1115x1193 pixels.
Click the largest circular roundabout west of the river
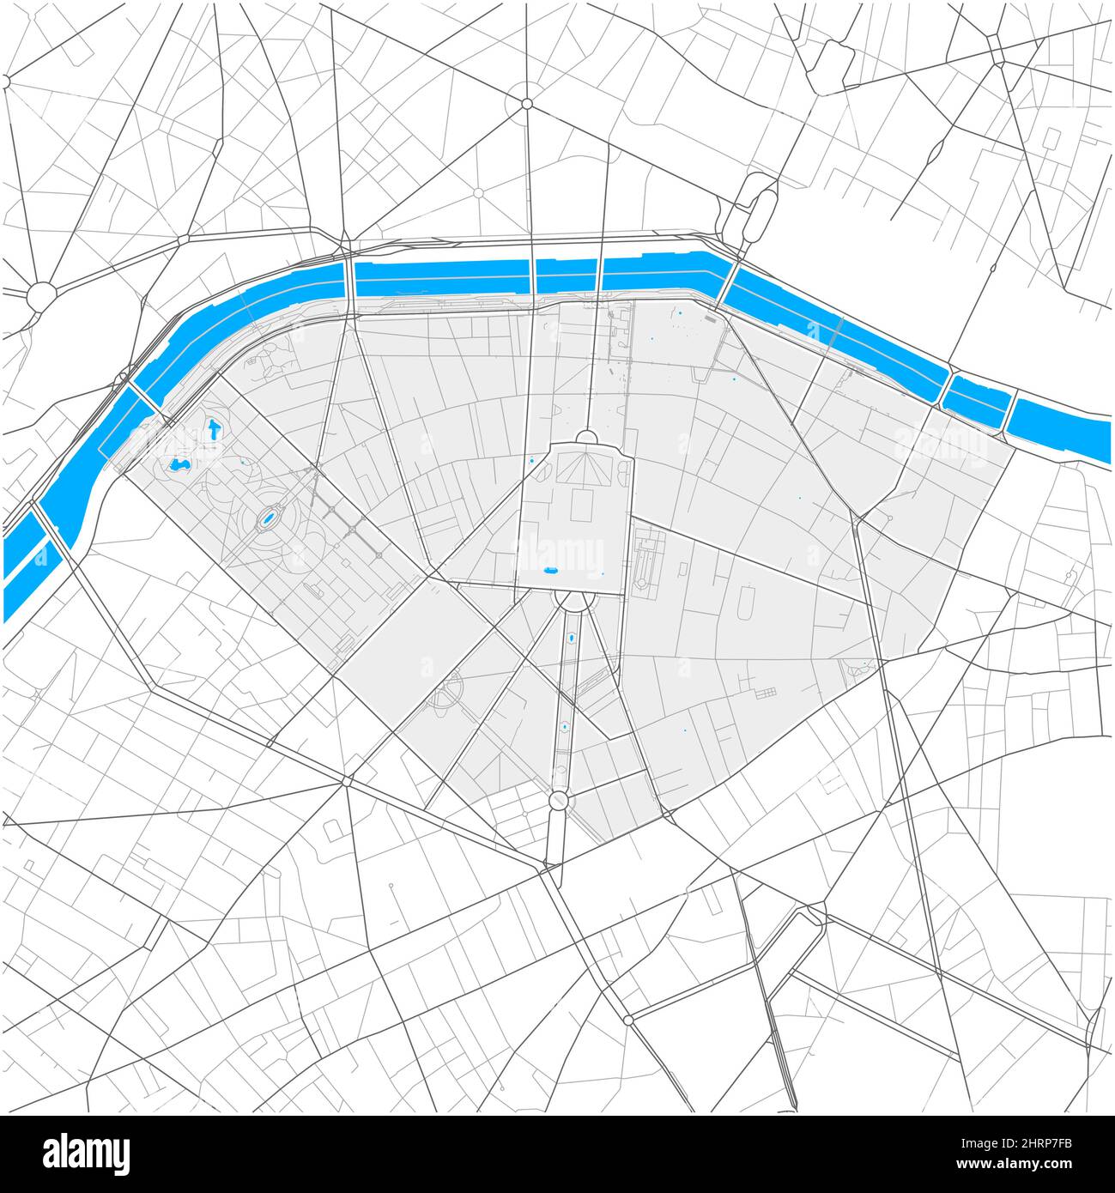40,296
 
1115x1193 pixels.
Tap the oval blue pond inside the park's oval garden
268,519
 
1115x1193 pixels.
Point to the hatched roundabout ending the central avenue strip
558,801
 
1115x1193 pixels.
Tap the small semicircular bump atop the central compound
587,438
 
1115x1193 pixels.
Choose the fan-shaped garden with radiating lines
578,469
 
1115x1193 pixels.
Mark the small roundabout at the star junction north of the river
527,104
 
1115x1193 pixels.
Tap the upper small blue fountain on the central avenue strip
572,639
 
